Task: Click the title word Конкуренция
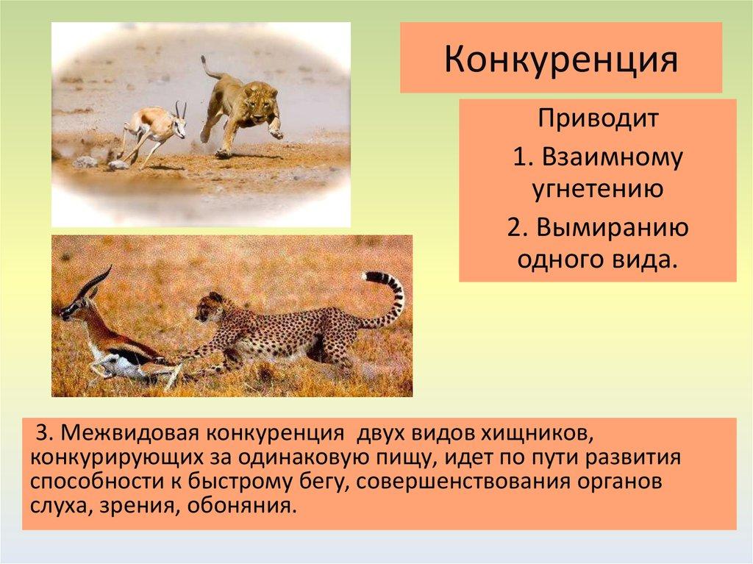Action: pos(560,60)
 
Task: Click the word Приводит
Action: pos(597,118)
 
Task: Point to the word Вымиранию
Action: pos(613,227)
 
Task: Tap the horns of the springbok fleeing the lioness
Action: pos(181,109)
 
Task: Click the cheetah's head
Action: pos(210,307)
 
